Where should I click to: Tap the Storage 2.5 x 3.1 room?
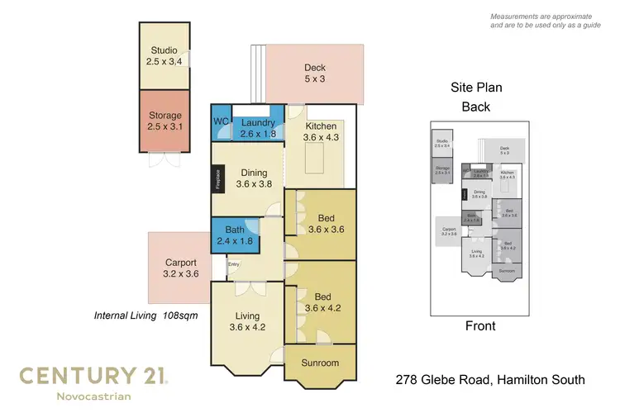click(165, 121)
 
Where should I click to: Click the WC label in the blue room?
click(221, 122)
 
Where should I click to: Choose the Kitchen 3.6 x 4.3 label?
click(321, 132)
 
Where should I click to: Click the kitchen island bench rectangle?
click(314, 159)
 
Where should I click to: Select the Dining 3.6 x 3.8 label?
click(254, 178)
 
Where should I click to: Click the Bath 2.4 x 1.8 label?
click(235, 235)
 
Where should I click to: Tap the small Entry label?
click(234, 264)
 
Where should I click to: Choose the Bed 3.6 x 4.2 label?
click(323, 302)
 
